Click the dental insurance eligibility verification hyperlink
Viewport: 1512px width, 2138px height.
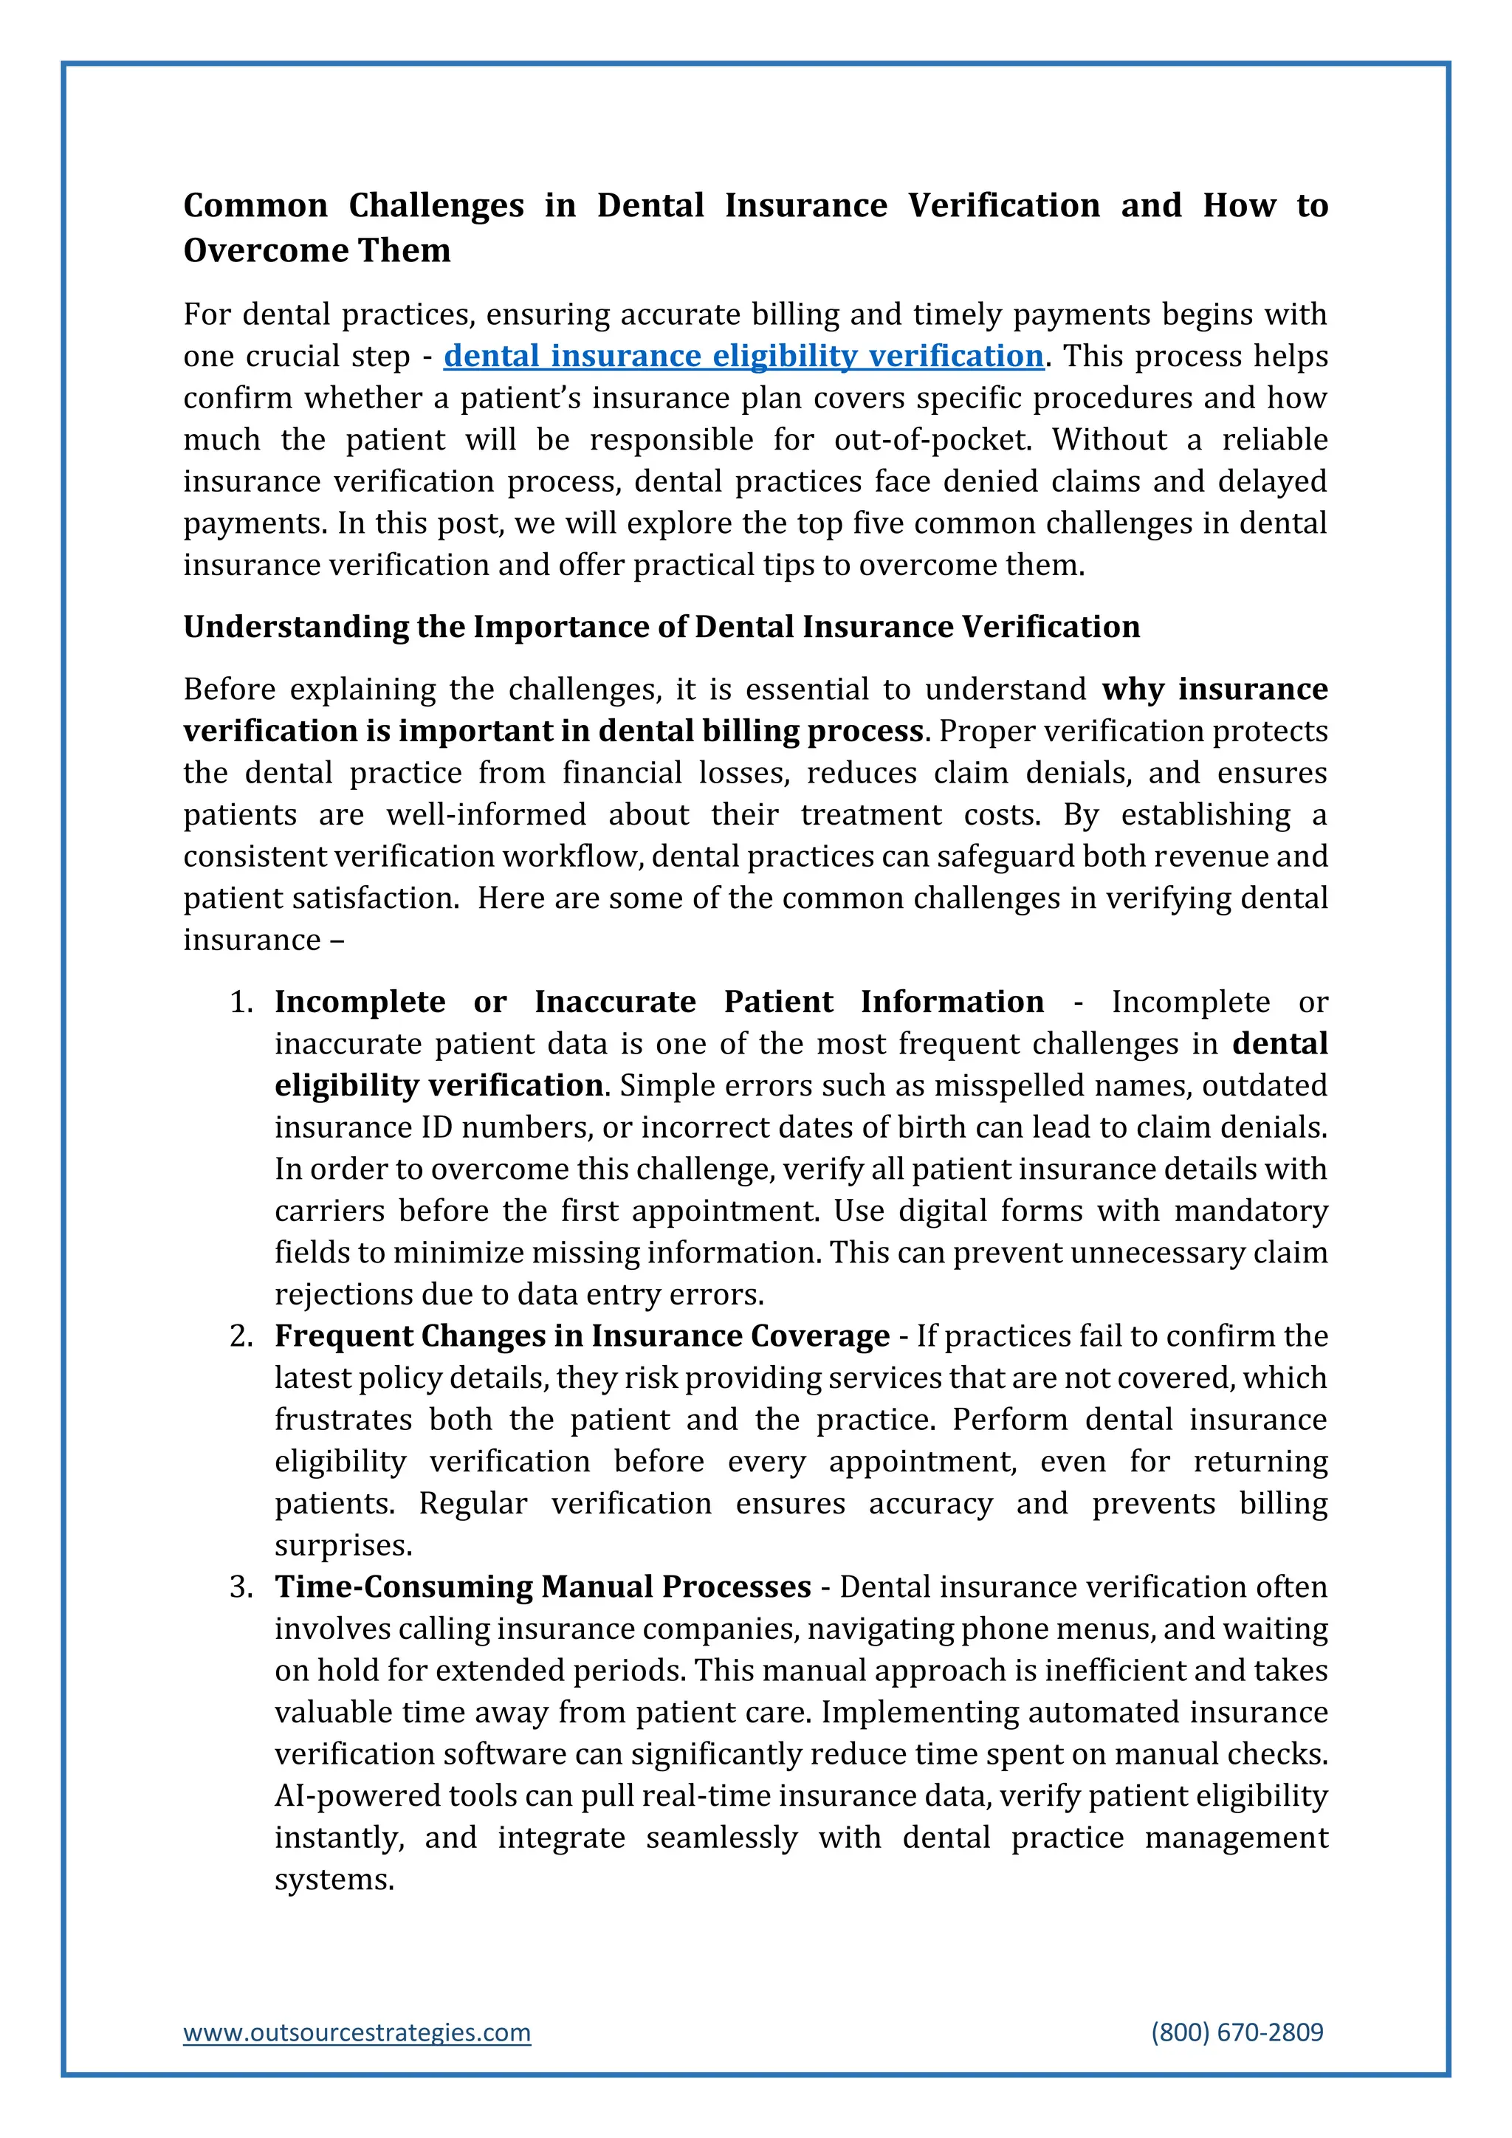[743, 356]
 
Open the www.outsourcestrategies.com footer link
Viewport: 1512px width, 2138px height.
[357, 2032]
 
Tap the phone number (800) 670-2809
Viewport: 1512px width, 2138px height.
[1237, 2032]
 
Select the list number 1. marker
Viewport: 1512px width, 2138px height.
[242, 1002]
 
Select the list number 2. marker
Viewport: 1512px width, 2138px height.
[242, 1336]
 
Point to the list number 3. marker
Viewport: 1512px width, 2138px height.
[242, 1587]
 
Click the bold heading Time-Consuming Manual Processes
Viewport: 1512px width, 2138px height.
[543, 1587]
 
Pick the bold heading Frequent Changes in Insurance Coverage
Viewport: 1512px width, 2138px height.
[582, 1336]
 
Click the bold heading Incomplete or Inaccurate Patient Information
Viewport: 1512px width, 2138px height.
[659, 1002]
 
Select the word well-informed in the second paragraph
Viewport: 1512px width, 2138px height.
[486, 815]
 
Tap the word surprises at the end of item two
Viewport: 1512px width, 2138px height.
[343, 1546]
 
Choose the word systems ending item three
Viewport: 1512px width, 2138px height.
[334, 1879]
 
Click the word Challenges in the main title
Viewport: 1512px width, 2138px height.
[436, 206]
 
